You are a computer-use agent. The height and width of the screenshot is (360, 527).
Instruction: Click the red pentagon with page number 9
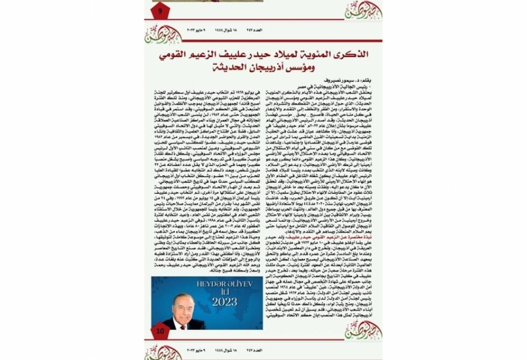click(x=160, y=10)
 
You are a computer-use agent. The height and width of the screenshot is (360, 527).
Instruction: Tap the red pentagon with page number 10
click(x=160, y=331)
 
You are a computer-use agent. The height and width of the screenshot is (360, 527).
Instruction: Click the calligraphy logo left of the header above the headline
click(x=163, y=34)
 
